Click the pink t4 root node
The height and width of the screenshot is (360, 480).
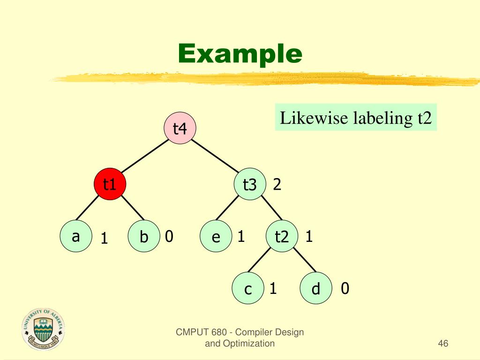(x=180, y=128)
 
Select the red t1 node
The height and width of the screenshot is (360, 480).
(x=110, y=184)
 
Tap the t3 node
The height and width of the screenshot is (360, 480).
(x=250, y=185)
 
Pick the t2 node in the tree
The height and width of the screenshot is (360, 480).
(x=282, y=237)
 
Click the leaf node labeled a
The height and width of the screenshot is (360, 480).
(x=75, y=237)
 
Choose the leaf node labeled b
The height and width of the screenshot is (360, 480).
(x=143, y=237)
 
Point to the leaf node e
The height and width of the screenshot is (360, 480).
(x=216, y=237)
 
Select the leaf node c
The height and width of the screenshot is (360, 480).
(x=248, y=289)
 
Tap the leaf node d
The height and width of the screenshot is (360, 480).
(x=315, y=289)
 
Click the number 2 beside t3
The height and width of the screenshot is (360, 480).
(x=277, y=185)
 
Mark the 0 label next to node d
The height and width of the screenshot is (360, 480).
(x=345, y=289)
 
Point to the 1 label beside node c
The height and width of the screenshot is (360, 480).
(x=272, y=289)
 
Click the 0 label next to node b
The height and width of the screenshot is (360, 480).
(x=169, y=237)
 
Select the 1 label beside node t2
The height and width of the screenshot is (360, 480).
(x=309, y=237)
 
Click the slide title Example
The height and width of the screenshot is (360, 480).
(x=240, y=54)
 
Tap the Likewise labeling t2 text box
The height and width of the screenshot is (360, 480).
(x=356, y=118)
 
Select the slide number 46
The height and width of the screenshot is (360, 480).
(x=443, y=344)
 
